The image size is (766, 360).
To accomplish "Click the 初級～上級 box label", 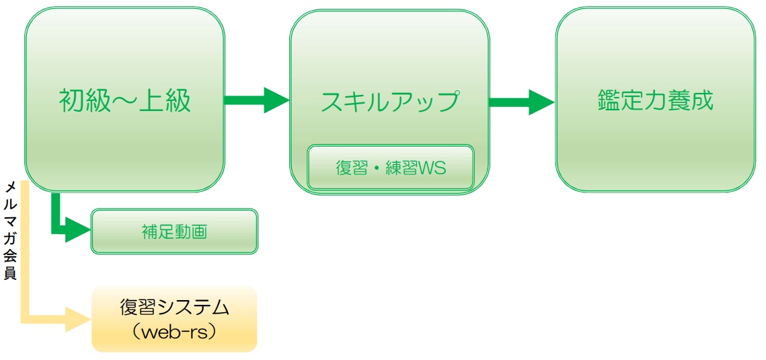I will [x=124, y=101].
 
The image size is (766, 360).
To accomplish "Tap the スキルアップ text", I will [x=389, y=101].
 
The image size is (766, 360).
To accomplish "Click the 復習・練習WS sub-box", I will [x=391, y=168].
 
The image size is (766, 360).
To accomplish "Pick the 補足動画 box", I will [x=174, y=232].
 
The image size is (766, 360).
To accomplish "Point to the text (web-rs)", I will [x=174, y=332].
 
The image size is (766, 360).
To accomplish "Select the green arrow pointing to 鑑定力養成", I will [x=521, y=102].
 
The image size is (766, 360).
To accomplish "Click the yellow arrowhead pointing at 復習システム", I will [x=78, y=318].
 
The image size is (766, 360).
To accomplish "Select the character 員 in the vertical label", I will [x=11, y=274].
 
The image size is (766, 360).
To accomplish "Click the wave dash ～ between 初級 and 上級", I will [x=124, y=101].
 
